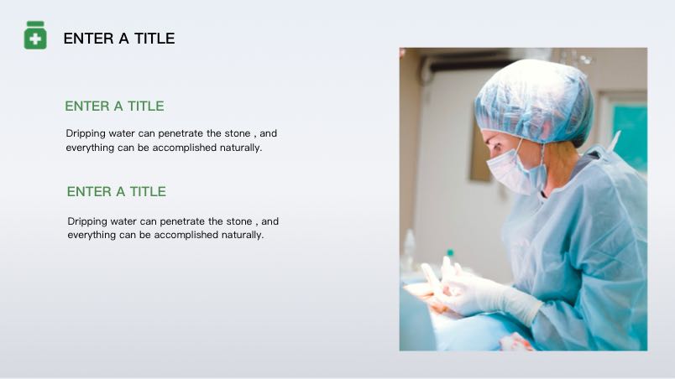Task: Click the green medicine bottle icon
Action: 35,35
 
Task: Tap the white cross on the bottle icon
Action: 35,39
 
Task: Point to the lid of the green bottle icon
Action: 35,23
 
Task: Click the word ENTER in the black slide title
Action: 89,39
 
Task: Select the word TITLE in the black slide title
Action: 154,39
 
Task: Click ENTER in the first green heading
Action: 87,106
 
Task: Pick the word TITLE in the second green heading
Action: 148,191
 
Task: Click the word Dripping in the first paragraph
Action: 86,134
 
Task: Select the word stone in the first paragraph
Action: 238,133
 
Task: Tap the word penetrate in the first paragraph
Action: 181,134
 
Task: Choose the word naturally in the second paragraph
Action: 243,235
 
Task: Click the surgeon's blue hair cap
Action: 535,101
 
